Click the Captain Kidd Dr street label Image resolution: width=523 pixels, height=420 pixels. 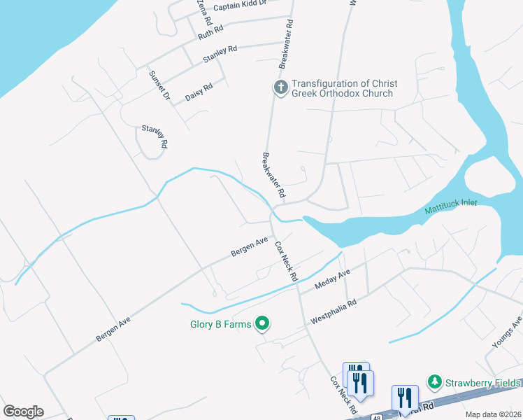240,6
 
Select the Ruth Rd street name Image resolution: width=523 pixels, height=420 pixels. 210,31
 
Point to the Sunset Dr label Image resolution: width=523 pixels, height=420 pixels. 159,87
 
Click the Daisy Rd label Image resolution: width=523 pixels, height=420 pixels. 199,92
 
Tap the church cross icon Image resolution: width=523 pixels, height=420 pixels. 280,87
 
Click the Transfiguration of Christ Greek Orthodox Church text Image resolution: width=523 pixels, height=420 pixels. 342,88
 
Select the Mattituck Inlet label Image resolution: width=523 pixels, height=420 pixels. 450,209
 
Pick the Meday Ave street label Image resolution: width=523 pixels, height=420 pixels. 332,280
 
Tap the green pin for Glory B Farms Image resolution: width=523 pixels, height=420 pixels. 262,323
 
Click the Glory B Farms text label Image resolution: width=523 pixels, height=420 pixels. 221,324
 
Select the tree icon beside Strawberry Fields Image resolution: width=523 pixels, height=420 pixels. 435,382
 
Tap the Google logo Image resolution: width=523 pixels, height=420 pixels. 23,412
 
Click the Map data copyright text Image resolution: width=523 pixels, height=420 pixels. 494,414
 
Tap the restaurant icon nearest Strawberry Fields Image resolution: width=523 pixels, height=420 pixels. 405,399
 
